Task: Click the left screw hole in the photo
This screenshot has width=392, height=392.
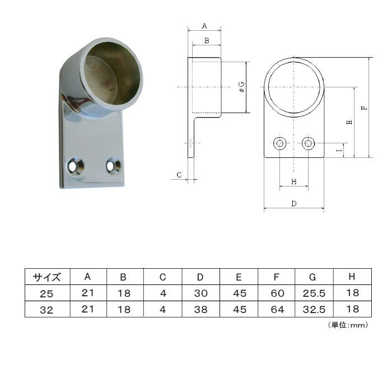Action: (75, 166)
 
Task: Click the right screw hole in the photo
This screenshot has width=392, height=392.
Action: (113, 165)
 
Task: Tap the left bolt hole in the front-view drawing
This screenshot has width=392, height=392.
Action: (280, 143)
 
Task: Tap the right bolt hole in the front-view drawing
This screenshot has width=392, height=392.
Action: (308, 143)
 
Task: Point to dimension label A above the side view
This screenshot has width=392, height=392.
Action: (204, 26)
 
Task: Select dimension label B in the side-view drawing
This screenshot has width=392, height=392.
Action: (207, 40)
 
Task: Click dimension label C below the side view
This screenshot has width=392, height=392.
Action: (179, 175)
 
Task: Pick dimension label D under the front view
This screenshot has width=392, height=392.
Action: (294, 204)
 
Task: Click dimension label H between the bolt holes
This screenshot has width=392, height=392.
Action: (294, 181)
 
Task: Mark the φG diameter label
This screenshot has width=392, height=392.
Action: (242, 87)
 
